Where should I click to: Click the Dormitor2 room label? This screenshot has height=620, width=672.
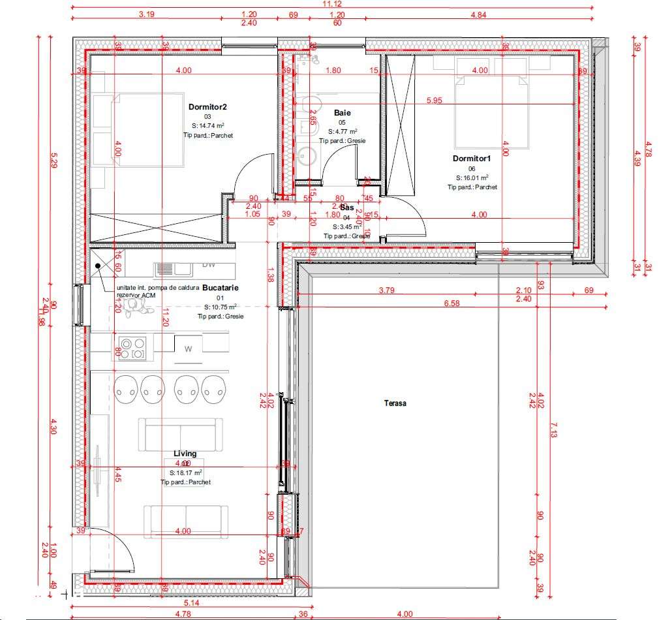click(x=207, y=106)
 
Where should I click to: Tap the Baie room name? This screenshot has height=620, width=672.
click(x=342, y=113)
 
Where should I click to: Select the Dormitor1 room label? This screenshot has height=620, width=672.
click(x=471, y=159)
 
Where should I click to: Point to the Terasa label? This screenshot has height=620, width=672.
click(x=395, y=403)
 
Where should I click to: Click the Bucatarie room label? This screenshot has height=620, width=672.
click(x=221, y=287)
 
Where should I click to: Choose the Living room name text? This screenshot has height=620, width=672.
click(x=185, y=453)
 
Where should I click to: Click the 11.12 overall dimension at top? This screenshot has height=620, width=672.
click(x=331, y=4)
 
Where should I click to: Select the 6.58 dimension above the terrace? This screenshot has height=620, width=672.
click(x=433, y=303)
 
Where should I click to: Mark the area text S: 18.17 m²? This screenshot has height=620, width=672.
click(x=185, y=473)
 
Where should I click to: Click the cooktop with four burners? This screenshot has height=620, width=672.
click(x=132, y=347)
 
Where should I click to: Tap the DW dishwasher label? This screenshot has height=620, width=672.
click(x=209, y=264)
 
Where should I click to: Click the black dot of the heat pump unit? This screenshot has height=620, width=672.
click(x=98, y=266)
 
